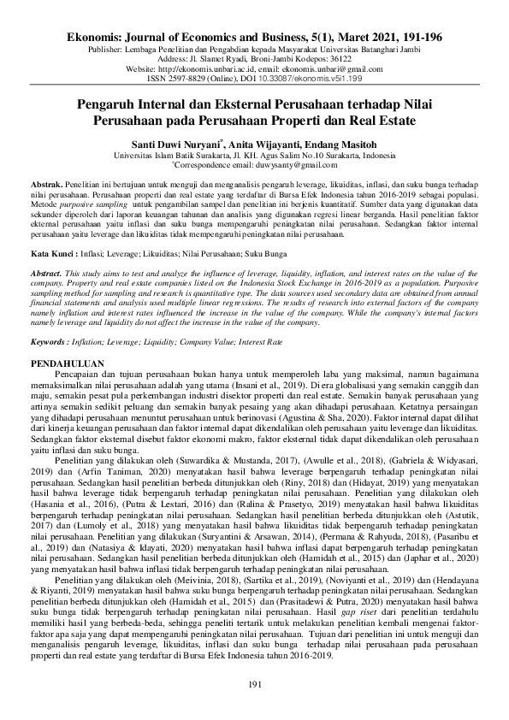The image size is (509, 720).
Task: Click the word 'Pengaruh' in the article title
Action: [105, 103]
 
